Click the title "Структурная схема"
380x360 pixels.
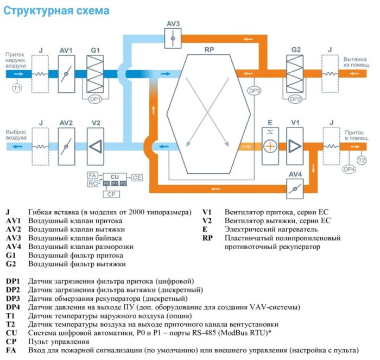tap(56, 10)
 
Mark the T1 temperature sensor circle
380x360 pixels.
tap(17, 87)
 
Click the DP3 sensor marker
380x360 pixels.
tap(254, 91)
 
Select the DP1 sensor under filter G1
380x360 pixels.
tap(96, 99)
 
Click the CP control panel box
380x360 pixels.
tap(111, 194)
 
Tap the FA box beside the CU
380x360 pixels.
tap(93, 175)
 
